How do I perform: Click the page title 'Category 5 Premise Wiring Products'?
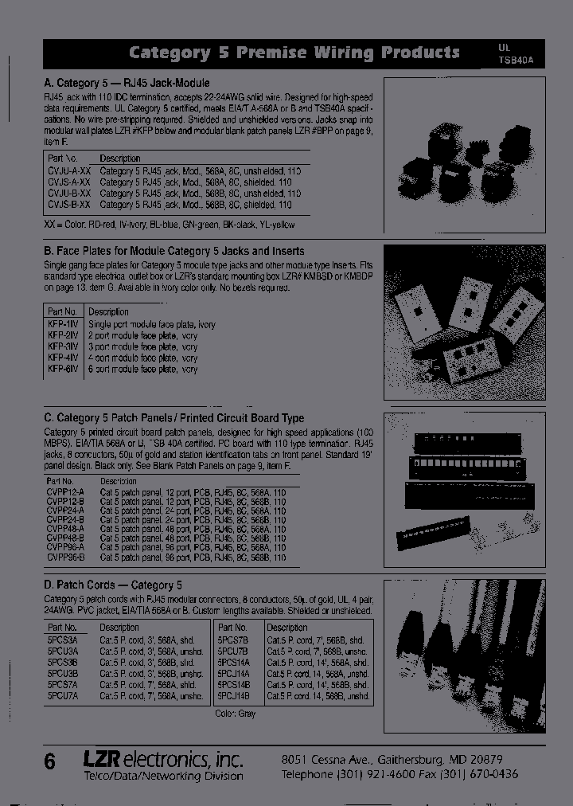294,53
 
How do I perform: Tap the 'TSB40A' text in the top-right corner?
518,59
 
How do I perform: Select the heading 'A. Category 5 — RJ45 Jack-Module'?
127,83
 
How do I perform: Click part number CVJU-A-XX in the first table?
68,171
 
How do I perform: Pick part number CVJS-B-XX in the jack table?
68,205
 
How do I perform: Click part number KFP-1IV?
62,324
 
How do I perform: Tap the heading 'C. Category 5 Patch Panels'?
173,417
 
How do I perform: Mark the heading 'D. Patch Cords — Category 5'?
113,585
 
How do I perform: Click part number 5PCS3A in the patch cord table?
62,640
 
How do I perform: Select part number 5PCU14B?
234,695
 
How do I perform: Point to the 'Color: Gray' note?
236,714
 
